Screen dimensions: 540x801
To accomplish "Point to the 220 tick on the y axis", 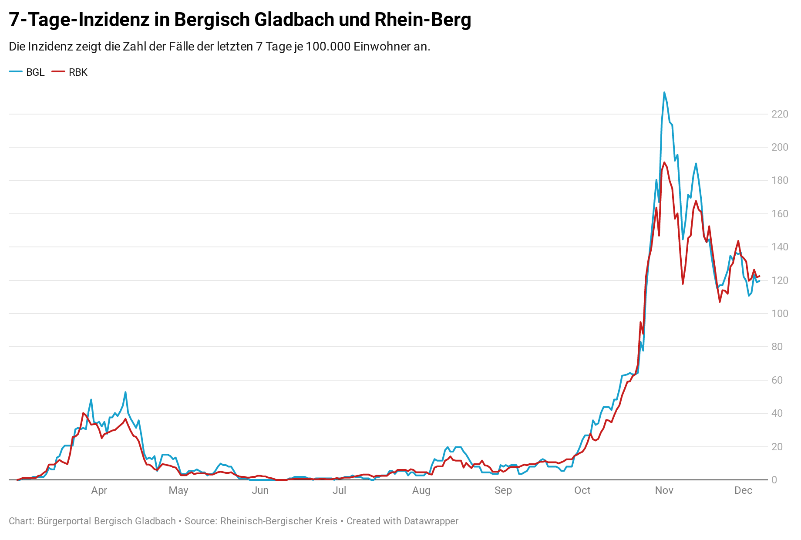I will tap(780, 114).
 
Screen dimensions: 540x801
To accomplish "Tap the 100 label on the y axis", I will tap(780, 314).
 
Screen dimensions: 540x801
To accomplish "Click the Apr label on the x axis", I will tap(99, 490).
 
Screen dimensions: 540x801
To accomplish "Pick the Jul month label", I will tap(339, 490).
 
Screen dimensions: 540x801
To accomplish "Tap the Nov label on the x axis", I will tap(664, 490).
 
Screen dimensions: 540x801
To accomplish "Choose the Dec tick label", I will tap(743, 490).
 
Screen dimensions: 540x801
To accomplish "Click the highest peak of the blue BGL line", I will tap(664, 92).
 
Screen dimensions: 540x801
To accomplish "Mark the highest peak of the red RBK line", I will tap(664, 162).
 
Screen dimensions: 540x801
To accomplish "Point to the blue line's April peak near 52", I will tap(125, 392).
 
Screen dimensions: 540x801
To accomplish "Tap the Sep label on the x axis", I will tap(503, 490).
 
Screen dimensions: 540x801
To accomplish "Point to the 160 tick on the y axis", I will tap(780, 214).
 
